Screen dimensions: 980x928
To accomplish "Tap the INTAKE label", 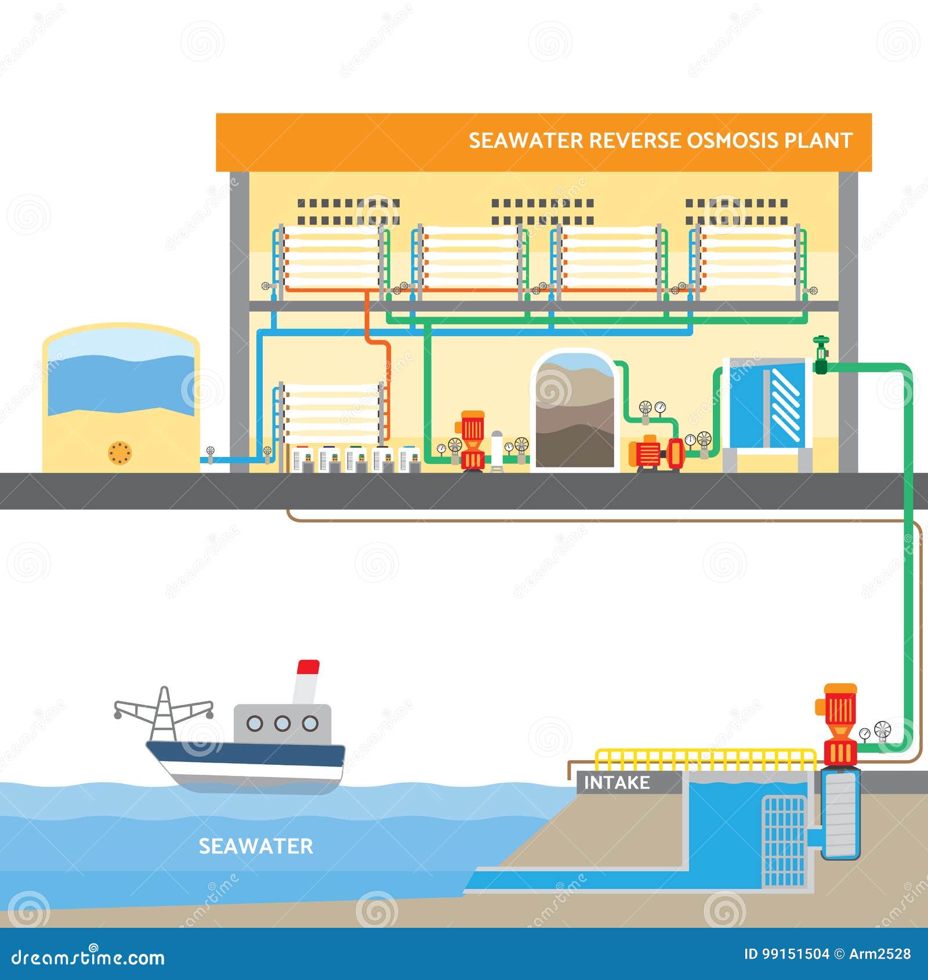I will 616,783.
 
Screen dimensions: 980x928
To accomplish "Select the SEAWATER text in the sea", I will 256,846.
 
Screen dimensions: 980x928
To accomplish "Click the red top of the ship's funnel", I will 308,667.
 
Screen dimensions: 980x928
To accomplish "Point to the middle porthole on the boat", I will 282,723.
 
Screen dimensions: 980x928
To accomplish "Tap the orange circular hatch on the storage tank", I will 120,453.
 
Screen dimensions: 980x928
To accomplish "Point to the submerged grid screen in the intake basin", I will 784,841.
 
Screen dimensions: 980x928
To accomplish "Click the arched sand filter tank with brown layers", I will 574,412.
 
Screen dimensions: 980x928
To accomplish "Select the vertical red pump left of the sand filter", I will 472,441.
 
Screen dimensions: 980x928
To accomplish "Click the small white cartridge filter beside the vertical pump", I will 496,450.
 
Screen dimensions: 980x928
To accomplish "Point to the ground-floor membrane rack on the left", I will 332,413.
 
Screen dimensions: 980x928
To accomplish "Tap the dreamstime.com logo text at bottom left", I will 88,957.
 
